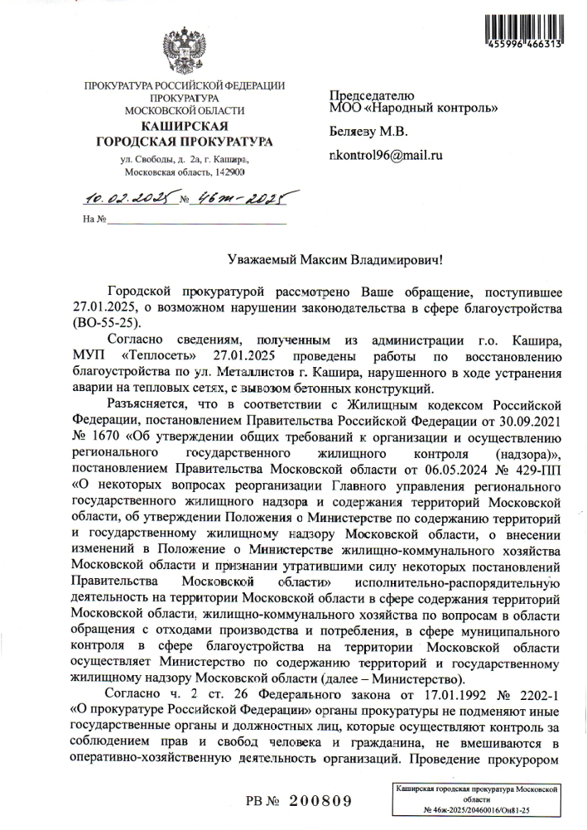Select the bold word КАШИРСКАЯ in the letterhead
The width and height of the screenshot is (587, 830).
point(185,125)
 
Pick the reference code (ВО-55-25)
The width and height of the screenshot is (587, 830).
point(108,322)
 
